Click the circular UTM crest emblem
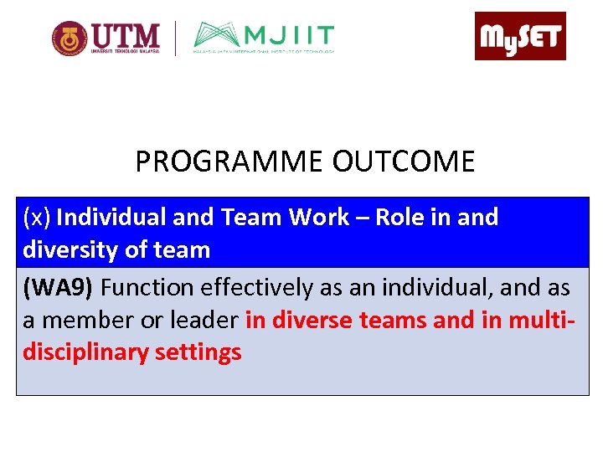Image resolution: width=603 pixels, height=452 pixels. tap(70, 39)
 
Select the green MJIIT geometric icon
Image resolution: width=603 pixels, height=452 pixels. tap(219, 36)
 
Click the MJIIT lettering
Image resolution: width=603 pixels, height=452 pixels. tap(289, 36)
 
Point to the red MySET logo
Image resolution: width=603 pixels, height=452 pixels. tap(520, 36)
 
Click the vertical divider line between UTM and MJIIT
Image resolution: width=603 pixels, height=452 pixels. tap(175, 39)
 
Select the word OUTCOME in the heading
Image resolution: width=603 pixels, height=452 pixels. tap(403, 161)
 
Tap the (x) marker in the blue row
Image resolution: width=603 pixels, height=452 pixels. tap(37, 218)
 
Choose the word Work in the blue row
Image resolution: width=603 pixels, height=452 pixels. tap(318, 218)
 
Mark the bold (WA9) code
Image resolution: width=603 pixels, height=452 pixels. tap(59, 288)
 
